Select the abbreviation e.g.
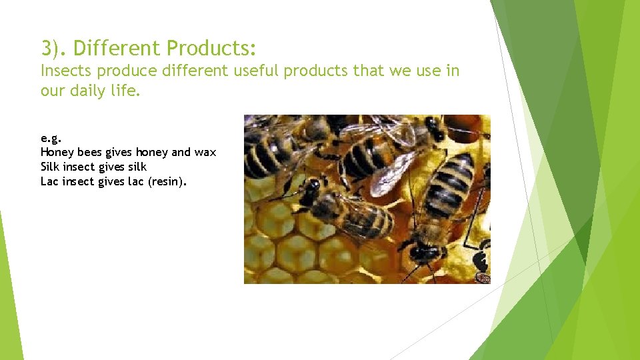[51, 139]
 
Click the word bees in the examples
[88, 152]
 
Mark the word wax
[205, 153]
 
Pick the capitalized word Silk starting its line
[50, 167]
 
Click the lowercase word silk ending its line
[137, 167]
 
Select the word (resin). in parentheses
[166, 181]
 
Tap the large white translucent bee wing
[391, 175]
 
